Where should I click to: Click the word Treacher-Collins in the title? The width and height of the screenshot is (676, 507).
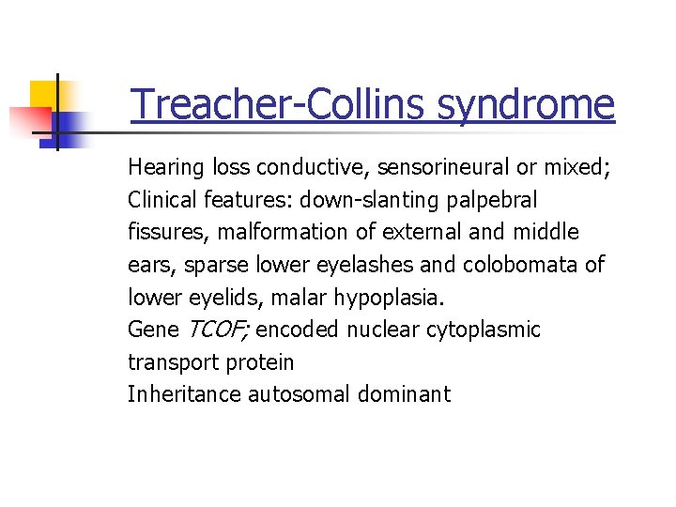click(279, 104)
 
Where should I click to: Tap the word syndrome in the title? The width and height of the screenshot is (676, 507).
click(526, 104)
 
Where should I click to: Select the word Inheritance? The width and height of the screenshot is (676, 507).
click(184, 394)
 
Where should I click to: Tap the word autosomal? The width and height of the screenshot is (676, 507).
click(300, 394)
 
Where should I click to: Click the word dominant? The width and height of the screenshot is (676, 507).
click(404, 394)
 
